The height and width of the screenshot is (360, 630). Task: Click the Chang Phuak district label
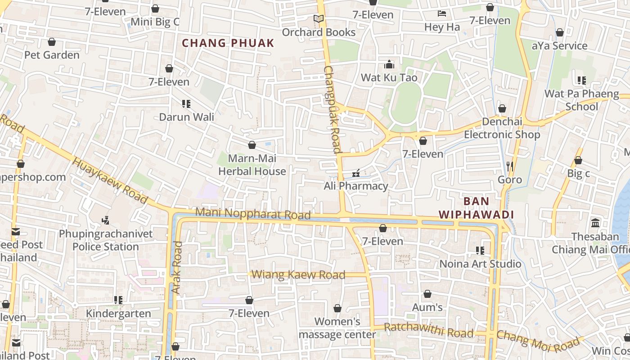[x=228, y=43]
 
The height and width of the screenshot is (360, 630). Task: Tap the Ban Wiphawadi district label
[x=476, y=208]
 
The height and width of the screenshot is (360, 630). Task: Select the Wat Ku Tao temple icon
[x=389, y=64]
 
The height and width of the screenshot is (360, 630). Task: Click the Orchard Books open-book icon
[x=319, y=19]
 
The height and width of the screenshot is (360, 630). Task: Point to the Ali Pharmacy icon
[x=356, y=173]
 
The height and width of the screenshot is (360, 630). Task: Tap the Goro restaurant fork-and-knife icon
[x=509, y=166]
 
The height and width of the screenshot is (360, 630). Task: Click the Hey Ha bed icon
[x=442, y=14]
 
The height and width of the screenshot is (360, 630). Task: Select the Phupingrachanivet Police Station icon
[x=106, y=220]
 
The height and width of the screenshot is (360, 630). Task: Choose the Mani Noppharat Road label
[x=253, y=214]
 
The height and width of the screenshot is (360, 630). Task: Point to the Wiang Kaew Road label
[x=298, y=274]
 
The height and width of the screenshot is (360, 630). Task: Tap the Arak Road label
[x=177, y=268]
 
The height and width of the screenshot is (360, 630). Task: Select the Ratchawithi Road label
[x=428, y=330]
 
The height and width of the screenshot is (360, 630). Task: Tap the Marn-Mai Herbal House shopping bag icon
[x=252, y=145]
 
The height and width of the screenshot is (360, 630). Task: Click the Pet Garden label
[x=52, y=55]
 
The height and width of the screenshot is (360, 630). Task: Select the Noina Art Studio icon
[x=480, y=250]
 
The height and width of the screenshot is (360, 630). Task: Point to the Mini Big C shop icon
[x=155, y=9]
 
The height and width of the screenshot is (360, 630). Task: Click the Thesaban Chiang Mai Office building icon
[x=595, y=223]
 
